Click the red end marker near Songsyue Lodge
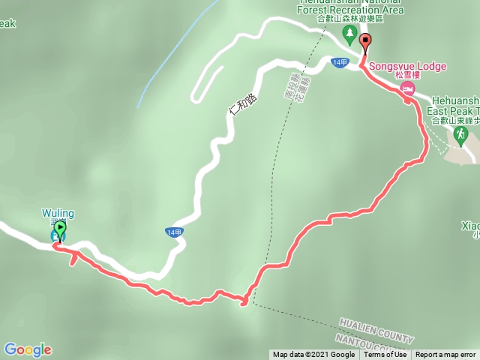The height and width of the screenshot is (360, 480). click(365, 42)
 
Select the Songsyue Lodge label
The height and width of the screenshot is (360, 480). click(408, 66)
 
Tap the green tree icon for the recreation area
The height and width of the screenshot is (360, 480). click(349, 34)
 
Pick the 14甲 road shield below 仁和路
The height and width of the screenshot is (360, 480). click(173, 233)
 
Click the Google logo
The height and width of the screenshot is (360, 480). click(28, 349)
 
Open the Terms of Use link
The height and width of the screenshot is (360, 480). click(385, 355)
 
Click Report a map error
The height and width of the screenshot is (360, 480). click(446, 355)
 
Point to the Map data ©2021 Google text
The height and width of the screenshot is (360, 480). click(313, 355)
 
